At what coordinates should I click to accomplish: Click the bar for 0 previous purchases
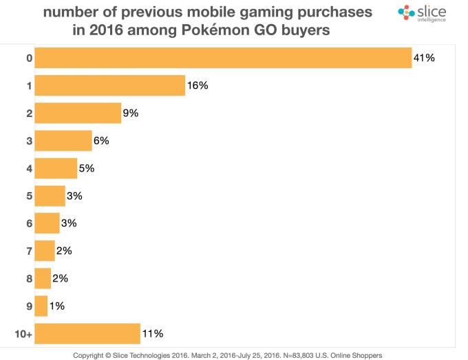(223, 58)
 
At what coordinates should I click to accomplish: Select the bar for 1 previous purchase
(109, 85)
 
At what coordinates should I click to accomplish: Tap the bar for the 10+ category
(87, 334)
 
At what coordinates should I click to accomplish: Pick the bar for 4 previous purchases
(56, 168)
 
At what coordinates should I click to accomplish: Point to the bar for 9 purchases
(41, 306)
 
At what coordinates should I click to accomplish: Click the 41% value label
(424, 58)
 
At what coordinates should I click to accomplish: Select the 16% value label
(197, 85)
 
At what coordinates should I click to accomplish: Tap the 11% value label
(152, 334)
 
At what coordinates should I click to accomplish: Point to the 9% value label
(130, 113)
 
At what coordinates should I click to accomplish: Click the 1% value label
(56, 306)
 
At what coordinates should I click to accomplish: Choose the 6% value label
(100, 140)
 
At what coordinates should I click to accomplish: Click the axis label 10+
(23, 334)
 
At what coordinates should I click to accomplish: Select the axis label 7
(29, 251)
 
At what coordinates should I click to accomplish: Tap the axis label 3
(29, 140)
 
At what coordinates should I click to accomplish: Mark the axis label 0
(29, 58)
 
